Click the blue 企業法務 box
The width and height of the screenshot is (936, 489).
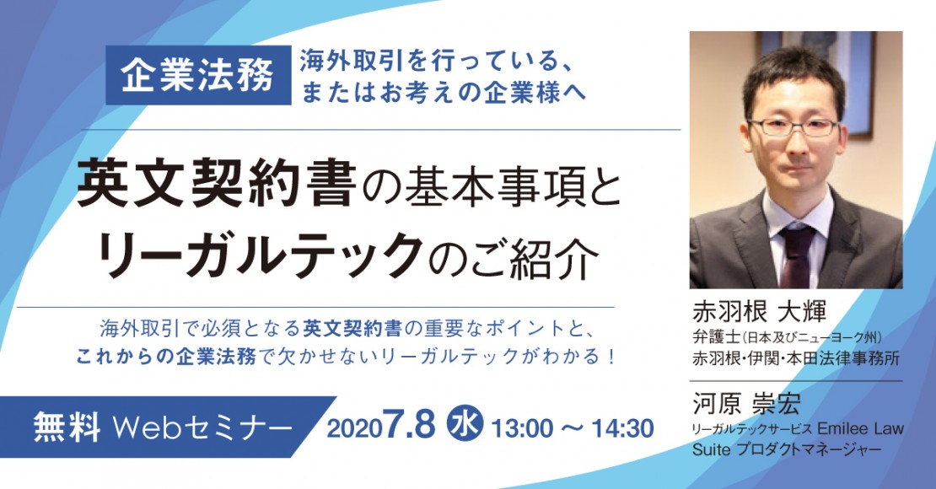[198, 75]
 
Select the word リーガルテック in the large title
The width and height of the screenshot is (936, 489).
[259, 255]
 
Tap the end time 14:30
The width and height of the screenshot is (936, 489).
[622, 428]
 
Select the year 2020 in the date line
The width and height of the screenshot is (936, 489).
[354, 428]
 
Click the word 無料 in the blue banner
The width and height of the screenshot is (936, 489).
[67, 427]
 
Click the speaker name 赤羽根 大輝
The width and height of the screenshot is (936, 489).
[759, 311]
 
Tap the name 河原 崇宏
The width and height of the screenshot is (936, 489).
[746, 404]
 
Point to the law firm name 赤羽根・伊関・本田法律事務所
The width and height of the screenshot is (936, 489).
[796, 358]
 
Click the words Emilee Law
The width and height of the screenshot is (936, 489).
[860, 428]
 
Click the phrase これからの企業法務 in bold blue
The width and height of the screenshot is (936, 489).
[166, 357]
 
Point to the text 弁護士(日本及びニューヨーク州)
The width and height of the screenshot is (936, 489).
[788, 337]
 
